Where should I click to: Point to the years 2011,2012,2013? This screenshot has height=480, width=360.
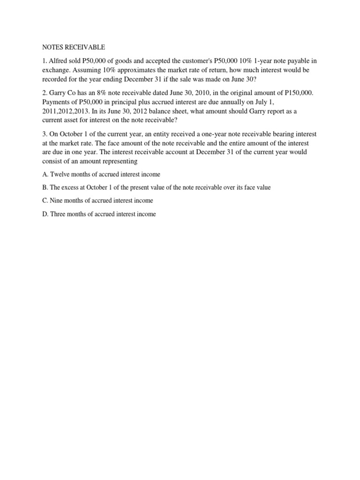click(x=70, y=111)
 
